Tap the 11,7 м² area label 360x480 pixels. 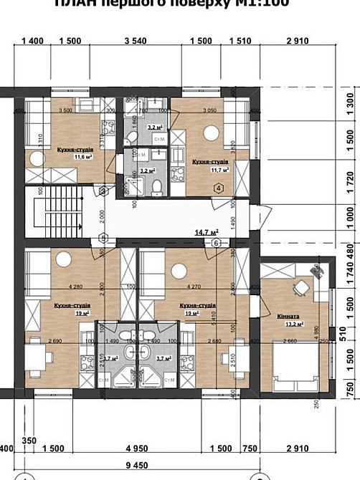pos(219,170)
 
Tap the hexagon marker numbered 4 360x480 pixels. pos(218,188)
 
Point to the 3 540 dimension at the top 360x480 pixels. pos(135,41)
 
